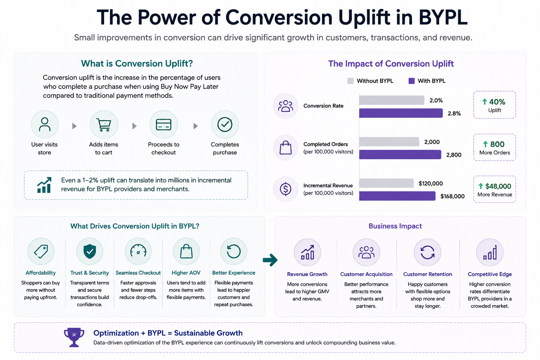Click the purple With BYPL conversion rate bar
pyautogui.click(x=401, y=113)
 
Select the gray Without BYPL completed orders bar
pyautogui.click(x=389, y=142)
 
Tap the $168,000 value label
pyautogui.click(x=452, y=196)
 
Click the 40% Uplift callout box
pyautogui.click(x=494, y=105)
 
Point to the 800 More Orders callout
pyautogui.click(x=494, y=147)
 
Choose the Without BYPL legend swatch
pyautogui.click(x=351, y=81)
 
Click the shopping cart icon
pyautogui.click(x=104, y=125)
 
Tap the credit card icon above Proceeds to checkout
pyautogui.click(x=163, y=125)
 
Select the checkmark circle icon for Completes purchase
pyautogui.click(x=225, y=125)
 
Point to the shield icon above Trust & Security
pyautogui.click(x=90, y=251)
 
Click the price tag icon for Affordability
pyautogui.click(x=41, y=251)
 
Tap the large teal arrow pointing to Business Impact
pyautogui.click(x=270, y=260)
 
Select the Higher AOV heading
pyautogui.click(x=186, y=273)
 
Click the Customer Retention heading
pyautogui.click(x=427, y=274)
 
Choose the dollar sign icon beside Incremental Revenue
pyautogui.click(x=285, y=189)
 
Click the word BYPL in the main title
pyautogui.click(x=443, y=17)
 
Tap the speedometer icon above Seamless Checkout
pyautogui.click(x=138, y=251)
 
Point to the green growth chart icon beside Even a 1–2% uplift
pyautogui.click(x=44, y=185)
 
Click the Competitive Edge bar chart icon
pyautogui.click(x=490, y=252)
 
